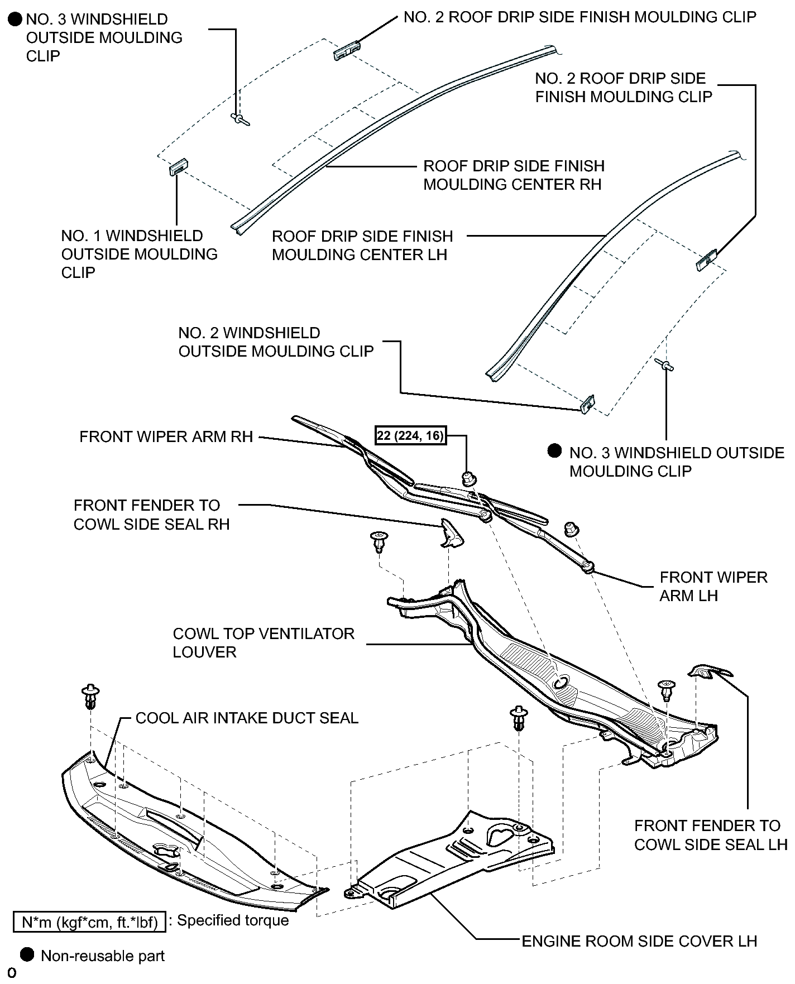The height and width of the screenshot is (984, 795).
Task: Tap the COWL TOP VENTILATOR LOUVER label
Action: point(264,642)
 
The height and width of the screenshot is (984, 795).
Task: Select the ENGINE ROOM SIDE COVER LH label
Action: point(639,941)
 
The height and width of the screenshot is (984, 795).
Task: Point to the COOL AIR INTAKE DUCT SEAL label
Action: point(247,718)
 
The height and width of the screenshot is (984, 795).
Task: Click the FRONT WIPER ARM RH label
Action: point(166,436)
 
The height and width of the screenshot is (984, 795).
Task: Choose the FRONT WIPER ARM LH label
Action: point(713,586)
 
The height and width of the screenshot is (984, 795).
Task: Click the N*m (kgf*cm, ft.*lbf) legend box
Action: point(90,922)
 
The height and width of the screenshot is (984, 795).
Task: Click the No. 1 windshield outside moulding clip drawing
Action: point(179,167)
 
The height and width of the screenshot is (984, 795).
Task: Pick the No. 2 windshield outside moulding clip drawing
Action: point(587,404)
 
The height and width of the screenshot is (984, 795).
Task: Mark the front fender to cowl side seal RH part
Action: point(451,532)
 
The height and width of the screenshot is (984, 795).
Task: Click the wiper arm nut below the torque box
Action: point(469,478)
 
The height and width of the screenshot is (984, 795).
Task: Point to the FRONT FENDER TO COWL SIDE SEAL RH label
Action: point(152,515)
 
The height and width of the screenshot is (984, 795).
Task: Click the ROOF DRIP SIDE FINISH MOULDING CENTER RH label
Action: point(514,175)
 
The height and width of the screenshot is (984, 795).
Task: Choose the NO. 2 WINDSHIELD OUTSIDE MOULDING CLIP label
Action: point(276,342)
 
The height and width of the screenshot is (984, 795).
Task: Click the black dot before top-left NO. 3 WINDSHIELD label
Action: point(16,20)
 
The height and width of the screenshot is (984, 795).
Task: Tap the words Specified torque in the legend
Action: point(233,920)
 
